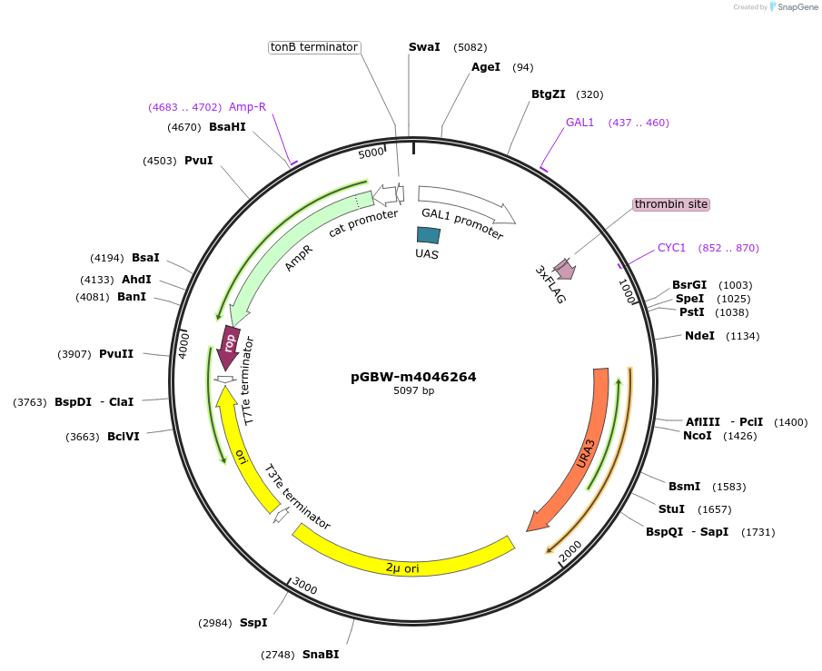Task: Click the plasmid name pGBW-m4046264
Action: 413,377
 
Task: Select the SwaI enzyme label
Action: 424,46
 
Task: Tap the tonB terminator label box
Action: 314,47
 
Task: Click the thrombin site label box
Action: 670,204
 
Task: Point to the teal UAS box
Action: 428,235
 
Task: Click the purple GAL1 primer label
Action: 579,123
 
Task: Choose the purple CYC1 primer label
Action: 671,248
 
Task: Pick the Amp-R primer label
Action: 247,107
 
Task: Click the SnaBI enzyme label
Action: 321,654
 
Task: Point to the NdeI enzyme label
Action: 699,336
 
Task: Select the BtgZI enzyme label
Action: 548,94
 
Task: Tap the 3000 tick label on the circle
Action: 305,589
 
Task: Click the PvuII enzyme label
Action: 116,354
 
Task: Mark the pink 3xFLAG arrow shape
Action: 565,269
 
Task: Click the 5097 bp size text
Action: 413,391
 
